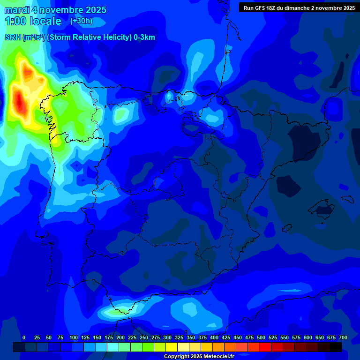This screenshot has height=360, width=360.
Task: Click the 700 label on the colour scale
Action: [343, 337]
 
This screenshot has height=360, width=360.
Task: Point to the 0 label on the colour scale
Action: [24, 337]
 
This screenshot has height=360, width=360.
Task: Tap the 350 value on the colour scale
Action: [191, 337]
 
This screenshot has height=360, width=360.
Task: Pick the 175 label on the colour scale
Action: [109, 337]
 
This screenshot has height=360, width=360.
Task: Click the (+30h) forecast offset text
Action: [81, 21]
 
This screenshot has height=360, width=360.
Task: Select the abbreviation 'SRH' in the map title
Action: [13, 37]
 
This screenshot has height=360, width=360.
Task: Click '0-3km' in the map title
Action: [144, 37]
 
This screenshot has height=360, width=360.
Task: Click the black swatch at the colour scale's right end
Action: [336, 347]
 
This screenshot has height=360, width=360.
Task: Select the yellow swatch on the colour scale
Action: [172, 347]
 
